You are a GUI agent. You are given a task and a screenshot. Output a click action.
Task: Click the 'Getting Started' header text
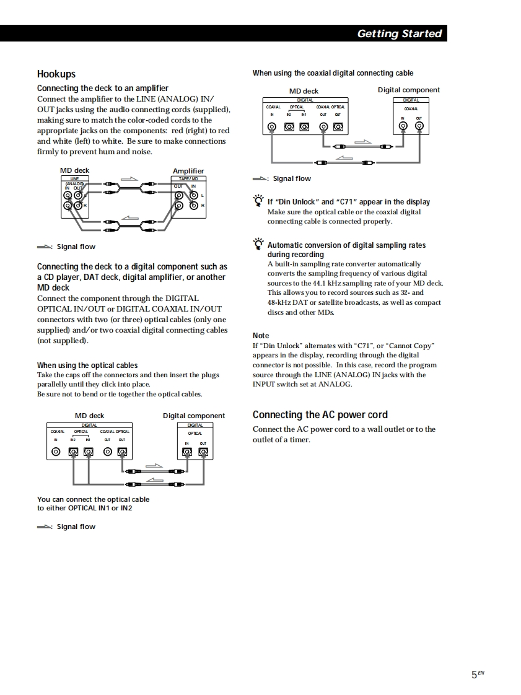pos(400,33)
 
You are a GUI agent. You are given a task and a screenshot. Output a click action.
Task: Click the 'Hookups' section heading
pos(56,74)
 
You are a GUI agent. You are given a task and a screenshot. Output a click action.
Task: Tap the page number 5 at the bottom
pos(474,675)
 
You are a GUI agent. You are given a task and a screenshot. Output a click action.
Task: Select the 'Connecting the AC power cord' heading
pos(320,415)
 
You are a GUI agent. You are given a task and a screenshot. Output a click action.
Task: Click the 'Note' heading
pos(261,336)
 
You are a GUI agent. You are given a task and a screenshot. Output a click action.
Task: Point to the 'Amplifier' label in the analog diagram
pos(188,171)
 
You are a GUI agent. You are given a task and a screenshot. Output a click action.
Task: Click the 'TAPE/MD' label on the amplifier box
pos(188,179)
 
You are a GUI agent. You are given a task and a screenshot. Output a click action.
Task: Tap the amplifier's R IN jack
pos(194,206)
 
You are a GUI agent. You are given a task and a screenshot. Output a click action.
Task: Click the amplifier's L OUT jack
pos(179,195)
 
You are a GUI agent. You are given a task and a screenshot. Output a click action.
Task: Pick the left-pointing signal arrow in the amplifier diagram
pos(129,217)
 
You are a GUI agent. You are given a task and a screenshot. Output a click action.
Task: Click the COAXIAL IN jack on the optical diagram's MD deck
pos(56,452)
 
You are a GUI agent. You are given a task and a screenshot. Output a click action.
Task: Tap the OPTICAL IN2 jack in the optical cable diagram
pos(73,452)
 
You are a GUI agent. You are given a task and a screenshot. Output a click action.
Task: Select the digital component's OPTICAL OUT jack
pos(203,452)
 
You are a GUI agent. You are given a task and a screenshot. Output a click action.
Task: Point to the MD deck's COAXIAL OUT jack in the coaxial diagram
pos(323,127)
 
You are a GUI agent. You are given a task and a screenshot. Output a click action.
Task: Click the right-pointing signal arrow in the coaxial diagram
pos(362,142)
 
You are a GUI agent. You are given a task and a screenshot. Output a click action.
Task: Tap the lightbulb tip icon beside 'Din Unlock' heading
pos(258,201)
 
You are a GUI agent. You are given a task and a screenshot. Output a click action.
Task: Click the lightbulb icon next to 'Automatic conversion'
pos(258,245)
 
